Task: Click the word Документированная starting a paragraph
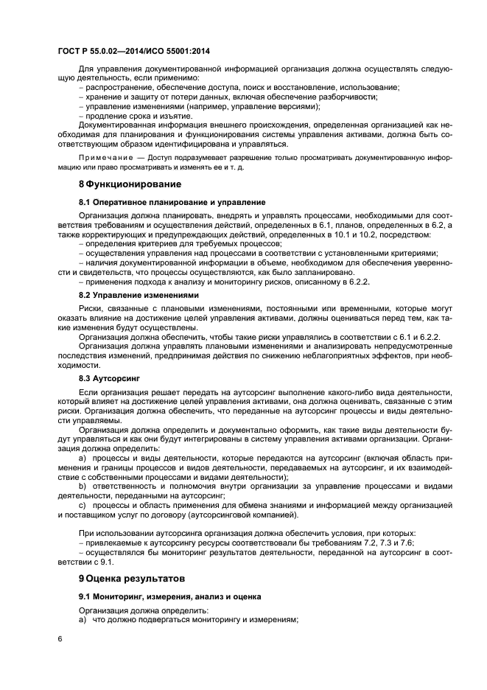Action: coord(117,125)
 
